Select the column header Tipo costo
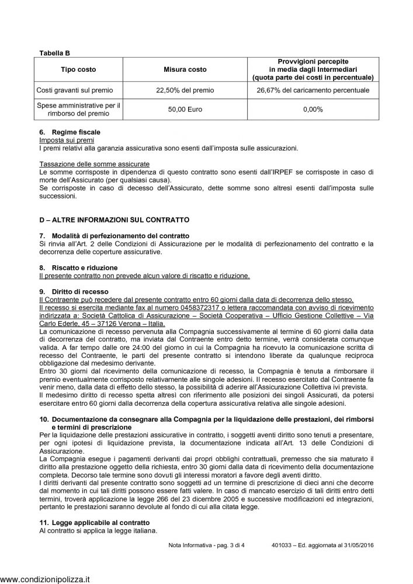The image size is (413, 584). click(78, 69)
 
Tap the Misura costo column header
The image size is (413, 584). click(185, 69)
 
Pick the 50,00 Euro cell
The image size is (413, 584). click(185, 109)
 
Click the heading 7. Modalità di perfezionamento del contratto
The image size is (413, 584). click(117, 235)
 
